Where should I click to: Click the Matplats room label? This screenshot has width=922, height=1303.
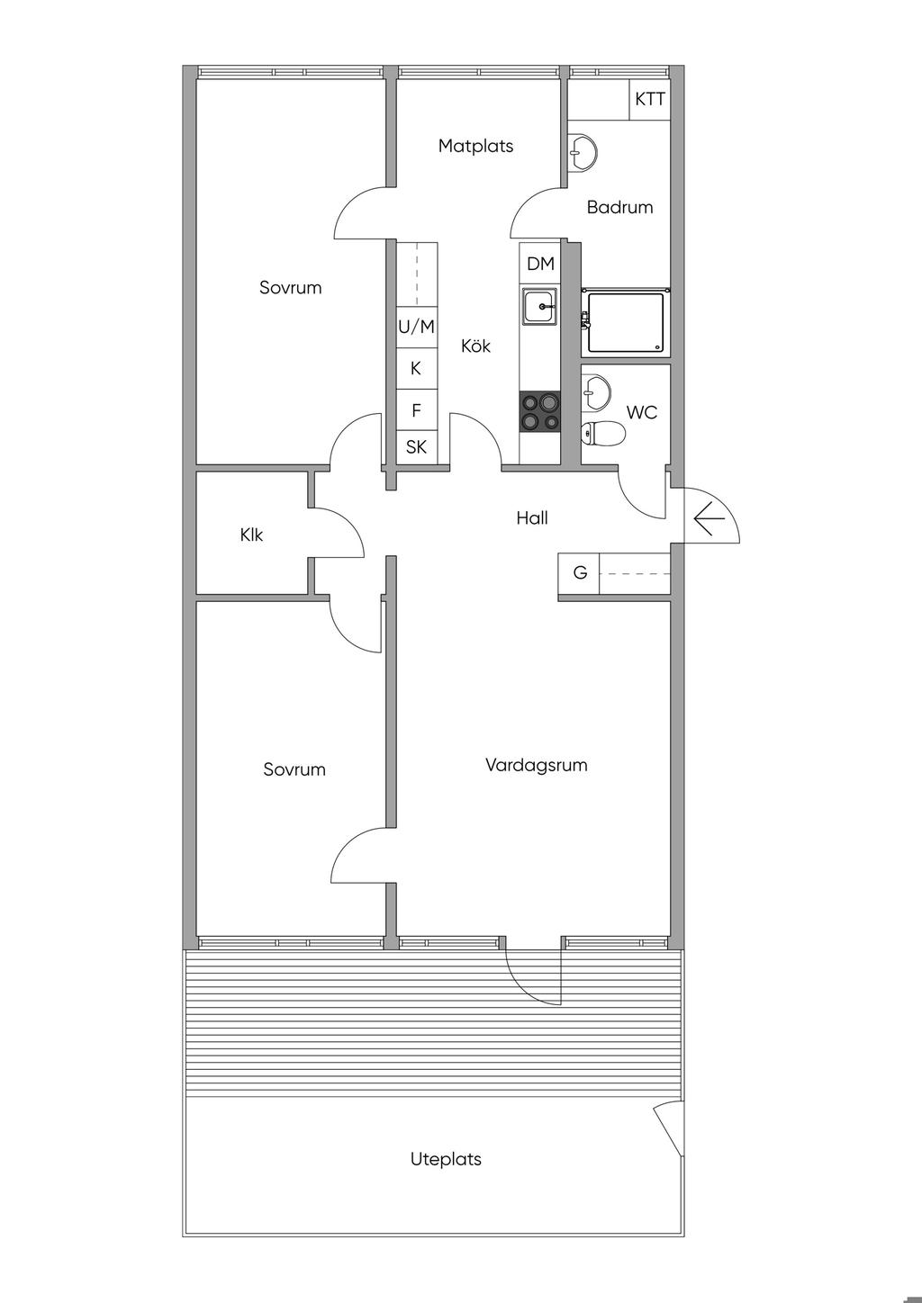point(475,146)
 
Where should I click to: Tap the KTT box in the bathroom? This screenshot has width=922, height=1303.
point(649,100)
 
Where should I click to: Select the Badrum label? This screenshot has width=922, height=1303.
point(619,207)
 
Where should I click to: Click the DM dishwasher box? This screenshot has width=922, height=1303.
point(540,264)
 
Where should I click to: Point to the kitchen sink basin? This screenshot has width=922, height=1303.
point(539,307)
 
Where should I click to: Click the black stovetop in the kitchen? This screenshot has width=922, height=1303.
point(539,412)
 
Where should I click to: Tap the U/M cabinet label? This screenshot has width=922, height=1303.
point(416,327)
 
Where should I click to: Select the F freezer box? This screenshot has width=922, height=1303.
point(417,410)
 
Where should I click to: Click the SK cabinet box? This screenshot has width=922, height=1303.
point(417,447)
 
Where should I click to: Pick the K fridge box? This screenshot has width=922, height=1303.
point(417,369)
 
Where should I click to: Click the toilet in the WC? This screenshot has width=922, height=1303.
point(603,432)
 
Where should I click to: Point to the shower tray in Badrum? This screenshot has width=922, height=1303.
point(626,323)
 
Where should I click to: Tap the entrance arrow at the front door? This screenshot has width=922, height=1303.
point(709,518)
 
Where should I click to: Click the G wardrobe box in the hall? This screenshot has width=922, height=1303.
point(579,573)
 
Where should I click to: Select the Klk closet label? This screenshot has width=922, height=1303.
point(251,535)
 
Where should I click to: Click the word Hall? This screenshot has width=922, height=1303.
point(532,517)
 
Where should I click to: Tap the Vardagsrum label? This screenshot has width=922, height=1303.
point(536,764)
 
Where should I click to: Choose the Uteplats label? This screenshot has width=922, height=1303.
point(446,1159)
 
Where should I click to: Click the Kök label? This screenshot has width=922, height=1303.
point(475,346)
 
